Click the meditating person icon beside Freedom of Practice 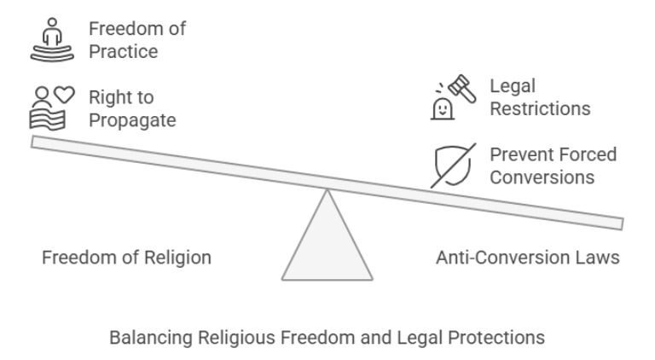[54, 39]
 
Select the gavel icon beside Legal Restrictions [452, 97]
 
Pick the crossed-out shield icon [452, 165]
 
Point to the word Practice [124, 51]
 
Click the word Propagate [132, 120]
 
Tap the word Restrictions [540, 109]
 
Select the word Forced [587, 154]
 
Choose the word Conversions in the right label [542, 177]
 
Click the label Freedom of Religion [126, 257]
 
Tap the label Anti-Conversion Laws [528, 257]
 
